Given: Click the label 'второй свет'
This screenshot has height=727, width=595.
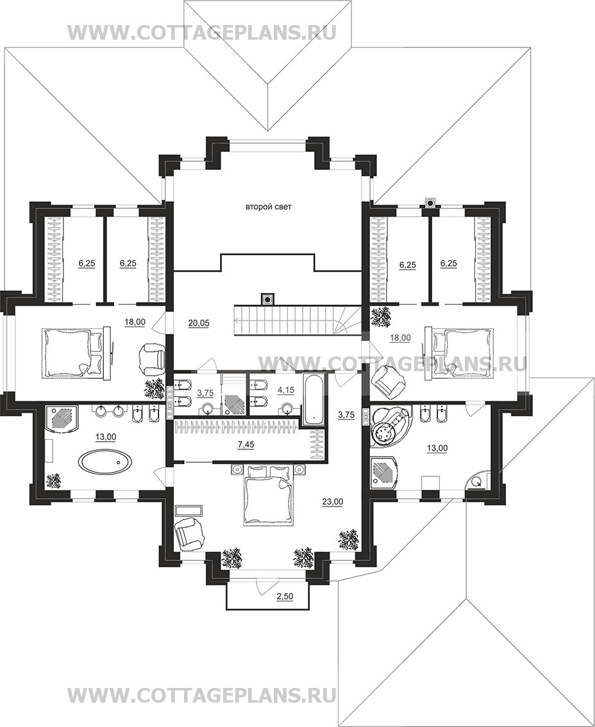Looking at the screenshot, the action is [269, 207].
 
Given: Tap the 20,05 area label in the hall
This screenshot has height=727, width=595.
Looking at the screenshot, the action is [199, 324].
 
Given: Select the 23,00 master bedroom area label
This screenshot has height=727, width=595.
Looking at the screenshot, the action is [333, 501].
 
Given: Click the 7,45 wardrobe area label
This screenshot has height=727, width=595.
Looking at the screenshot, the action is [246, 445].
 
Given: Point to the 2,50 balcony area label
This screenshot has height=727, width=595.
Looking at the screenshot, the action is [285, 596].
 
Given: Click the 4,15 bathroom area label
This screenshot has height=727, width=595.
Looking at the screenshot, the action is [286, 390].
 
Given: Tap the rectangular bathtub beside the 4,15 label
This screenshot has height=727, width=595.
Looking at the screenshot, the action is [314, 399].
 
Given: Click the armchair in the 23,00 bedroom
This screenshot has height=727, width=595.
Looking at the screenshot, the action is [189, 533].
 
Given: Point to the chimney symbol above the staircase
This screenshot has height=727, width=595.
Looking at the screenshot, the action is [267, 299].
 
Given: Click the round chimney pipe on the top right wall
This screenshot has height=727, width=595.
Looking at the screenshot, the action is [430, 202].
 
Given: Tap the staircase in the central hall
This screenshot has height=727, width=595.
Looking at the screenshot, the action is [297, 320].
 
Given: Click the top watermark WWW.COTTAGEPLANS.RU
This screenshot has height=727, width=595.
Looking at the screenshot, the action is [202, 33].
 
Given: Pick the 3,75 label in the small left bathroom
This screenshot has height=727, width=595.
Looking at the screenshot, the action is [205, 393].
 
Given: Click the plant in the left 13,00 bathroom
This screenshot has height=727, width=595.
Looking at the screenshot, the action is [54, 480].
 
